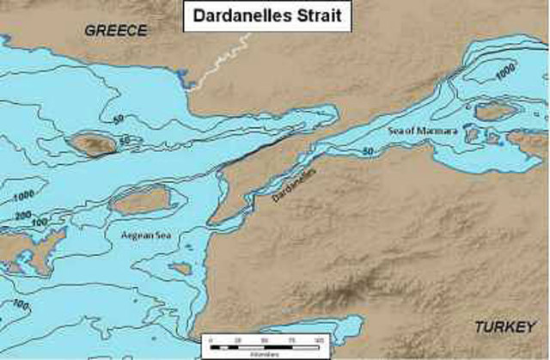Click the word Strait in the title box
(x=317, y=15)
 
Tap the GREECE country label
(x=116, y=30)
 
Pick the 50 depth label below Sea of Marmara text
(x=368, y=151)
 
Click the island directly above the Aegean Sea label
(x=142, y=200)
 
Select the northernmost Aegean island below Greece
(x=93, y=143)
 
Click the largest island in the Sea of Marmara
(x=496, y=110)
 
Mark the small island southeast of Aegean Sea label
(x=180, y=268)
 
